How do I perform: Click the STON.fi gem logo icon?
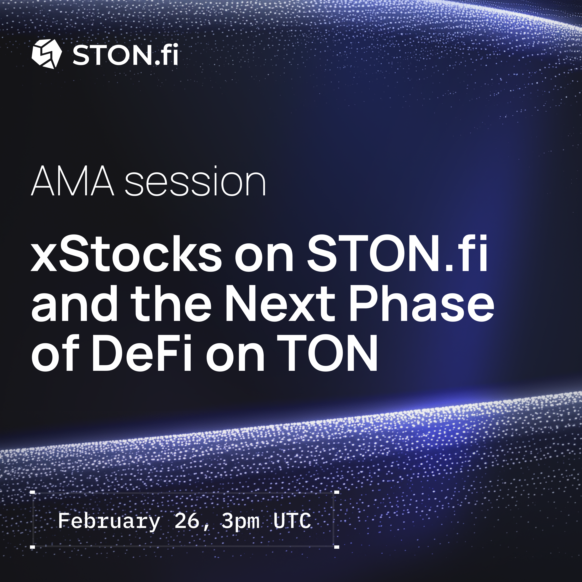click(47, 54)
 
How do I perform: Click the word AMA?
click(73, 181)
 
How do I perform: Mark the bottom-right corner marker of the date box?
click(337, 546)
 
